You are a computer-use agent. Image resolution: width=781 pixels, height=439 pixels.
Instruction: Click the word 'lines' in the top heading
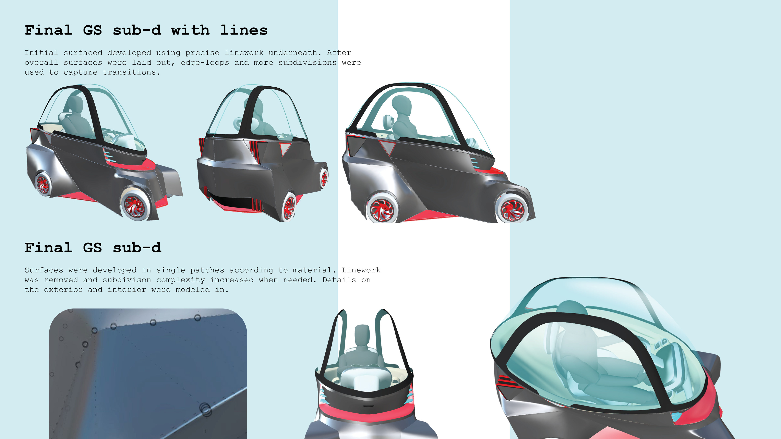click(244, 30)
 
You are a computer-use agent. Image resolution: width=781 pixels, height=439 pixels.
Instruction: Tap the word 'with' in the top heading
click(190, 30)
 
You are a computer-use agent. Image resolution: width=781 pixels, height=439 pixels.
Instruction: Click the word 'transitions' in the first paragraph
click(130, 72)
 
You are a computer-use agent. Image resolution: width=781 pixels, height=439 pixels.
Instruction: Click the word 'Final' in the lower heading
click(49, 248)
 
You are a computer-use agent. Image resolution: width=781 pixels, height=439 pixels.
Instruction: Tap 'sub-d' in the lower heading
click(137, 248)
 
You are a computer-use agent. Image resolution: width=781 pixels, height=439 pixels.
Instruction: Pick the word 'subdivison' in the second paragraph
click(127, 280)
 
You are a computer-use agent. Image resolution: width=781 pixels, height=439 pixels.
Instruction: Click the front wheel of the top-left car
click(134, 206)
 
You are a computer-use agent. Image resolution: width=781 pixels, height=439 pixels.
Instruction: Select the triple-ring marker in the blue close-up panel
click(206, 409)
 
